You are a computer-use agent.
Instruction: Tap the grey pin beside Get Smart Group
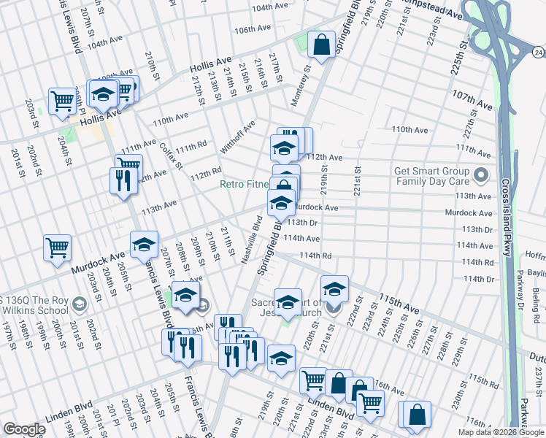click(x=481, y=176)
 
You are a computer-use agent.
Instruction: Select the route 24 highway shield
click(x=538, y=51)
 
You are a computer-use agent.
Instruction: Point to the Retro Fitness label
click(x=245, y=185)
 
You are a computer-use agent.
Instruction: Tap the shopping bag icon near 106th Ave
click(x=321, y=45)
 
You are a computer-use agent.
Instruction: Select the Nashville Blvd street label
click(x=252, y=239)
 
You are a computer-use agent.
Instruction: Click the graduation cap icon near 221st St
click(x=334, y=290)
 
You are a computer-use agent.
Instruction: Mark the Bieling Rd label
click(x=537, y=297)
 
